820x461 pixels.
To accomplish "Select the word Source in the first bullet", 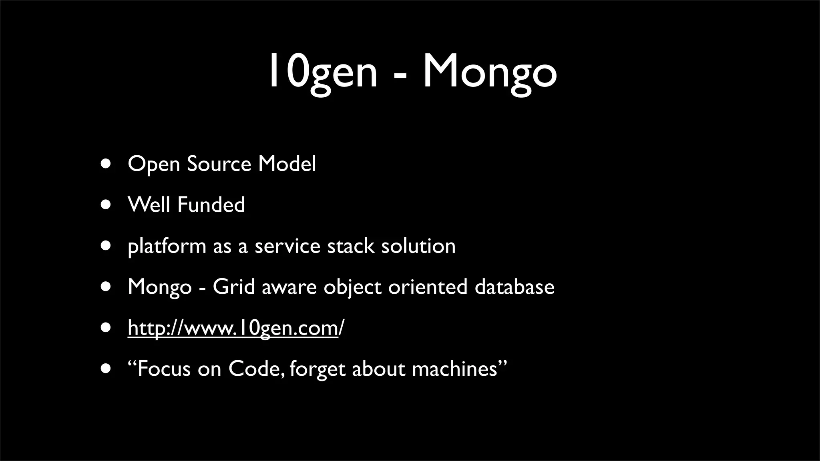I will tap(219, 164).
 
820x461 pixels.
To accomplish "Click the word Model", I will tap(287, 164).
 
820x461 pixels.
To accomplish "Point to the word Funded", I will tap(211, 205).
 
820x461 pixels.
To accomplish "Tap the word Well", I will tap(149, 205).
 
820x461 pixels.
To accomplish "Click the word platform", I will tap(167, 247).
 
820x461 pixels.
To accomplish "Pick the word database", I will tap(514, 287).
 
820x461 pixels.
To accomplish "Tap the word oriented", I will tap(428, 287).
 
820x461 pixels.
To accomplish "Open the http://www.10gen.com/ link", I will tap(235, 328).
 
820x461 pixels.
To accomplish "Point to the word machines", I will tap(454, 369).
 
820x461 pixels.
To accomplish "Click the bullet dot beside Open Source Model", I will tap(106, 164).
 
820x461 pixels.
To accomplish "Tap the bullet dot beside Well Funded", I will tap(106, 205).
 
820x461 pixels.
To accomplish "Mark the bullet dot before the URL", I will tap(106, 328).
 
